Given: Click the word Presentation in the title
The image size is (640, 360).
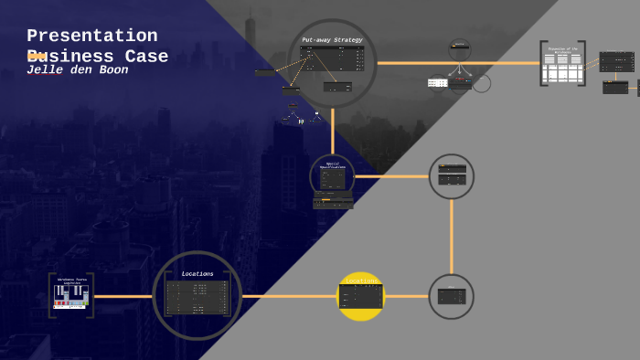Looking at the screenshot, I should (x=91, y=36).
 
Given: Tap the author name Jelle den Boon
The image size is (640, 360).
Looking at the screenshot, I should (x=77, y=70).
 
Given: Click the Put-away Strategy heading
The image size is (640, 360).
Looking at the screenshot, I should (x=332, y=39).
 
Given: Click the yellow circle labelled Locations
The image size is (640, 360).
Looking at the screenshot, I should (x=361, y=296).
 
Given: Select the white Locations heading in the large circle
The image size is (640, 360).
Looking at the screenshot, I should (x=197, y=273).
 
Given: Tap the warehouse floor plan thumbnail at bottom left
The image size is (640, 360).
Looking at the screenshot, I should (x=71, y=294).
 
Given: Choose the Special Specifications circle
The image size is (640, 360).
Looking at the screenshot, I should (x=332, y=175).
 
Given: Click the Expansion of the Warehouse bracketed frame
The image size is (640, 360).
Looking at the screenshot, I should (x=562, y=64).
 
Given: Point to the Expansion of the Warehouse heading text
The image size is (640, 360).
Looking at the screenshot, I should (x=562, y=49).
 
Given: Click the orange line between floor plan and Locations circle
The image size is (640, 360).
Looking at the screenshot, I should (x=123, y=296).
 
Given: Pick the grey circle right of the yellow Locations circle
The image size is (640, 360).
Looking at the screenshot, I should (x=451, y=296).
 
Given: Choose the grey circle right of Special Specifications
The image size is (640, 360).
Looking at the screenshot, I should (x=452, y=176).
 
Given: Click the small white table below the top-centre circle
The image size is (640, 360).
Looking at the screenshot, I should (x=437, y=82).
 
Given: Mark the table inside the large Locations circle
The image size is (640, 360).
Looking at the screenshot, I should (x=197, y=298).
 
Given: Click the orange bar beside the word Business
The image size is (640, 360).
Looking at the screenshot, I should (x=37, y=57).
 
